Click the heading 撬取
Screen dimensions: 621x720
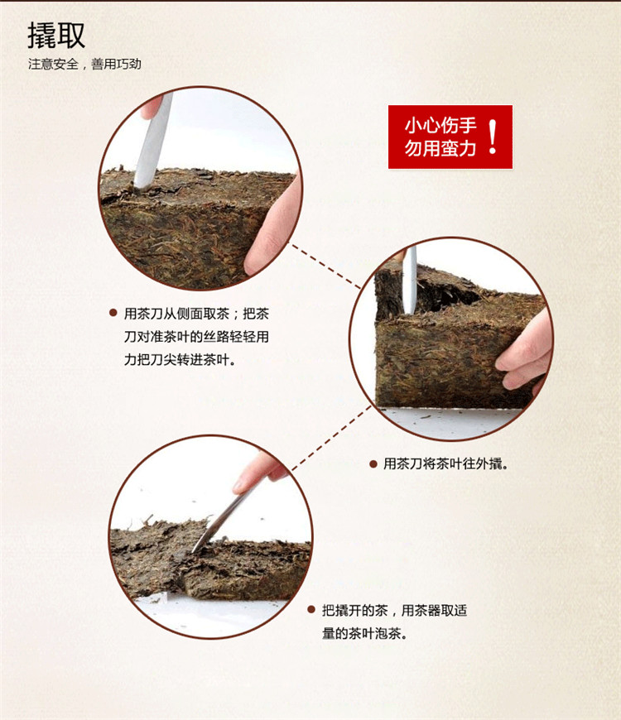pos(56,35)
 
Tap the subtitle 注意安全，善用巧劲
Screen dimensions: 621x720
pos(84,64)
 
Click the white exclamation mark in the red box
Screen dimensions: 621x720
pos(493,137)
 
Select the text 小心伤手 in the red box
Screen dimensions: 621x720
pos(440,125)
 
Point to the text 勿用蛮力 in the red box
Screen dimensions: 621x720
pos(440,148)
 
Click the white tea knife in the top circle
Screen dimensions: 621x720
pos(153,141)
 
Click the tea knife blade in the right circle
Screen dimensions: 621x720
pos(409,280)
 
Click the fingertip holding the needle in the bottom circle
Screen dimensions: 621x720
pos(258,472)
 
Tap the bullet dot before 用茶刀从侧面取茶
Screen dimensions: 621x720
pos(113,313)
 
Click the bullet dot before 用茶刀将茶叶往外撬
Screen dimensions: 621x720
pos(373,463)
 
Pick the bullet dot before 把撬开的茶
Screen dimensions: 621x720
pos(311,610)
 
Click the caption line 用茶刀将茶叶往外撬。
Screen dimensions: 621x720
pos(445,463)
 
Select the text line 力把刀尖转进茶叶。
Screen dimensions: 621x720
pos(180,359)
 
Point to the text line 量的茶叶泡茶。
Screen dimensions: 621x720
pos(364,634)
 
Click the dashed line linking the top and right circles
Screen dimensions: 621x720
pos(325,266)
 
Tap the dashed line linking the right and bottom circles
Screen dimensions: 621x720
pos(332,438)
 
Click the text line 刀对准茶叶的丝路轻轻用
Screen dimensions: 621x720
pos(196,337)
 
